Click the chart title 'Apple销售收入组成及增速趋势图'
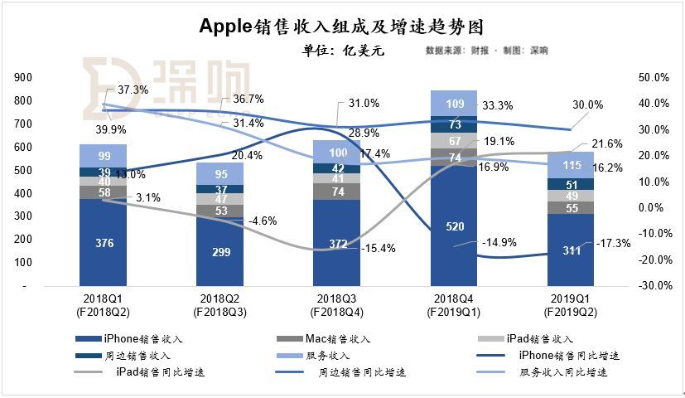tap(343, 26)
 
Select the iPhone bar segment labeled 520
tap(453, 225)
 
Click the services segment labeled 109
tap(453, 104)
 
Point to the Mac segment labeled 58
tap(103, 192)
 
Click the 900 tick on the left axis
tap(23, 77)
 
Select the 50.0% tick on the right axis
tap(650, 77)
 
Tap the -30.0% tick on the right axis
tap(649, 285)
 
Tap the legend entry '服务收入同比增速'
tap(564, 372)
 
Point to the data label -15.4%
tap(379, 247)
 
